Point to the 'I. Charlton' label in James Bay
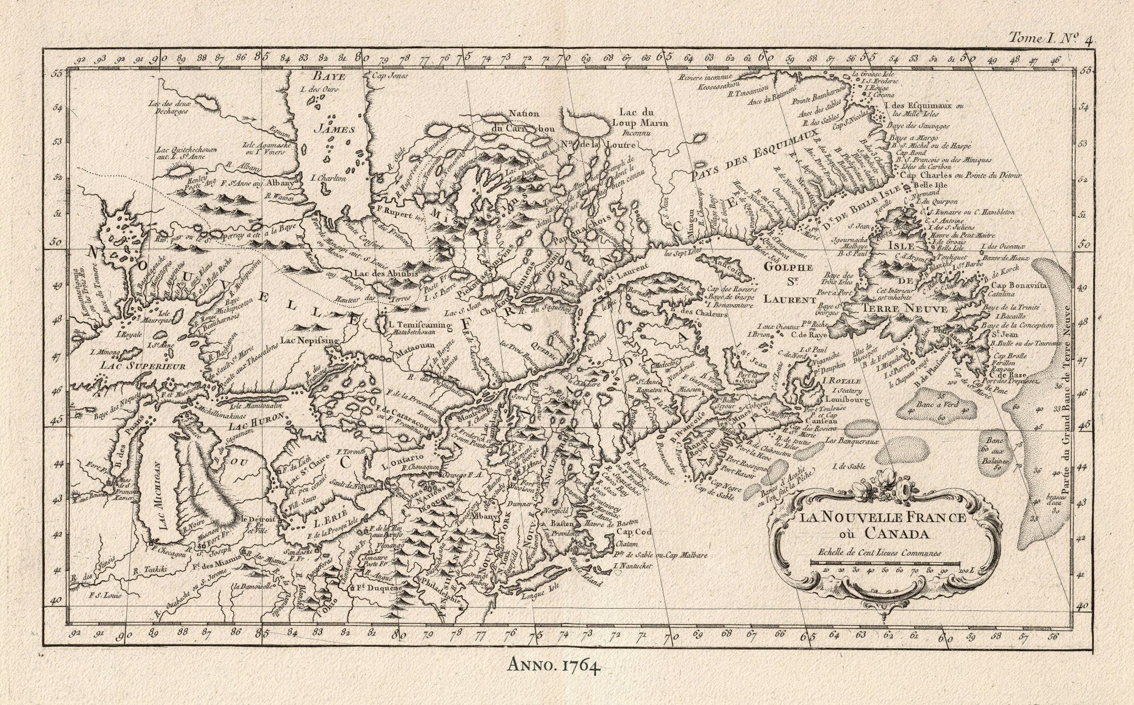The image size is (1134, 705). pos(329,179)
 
